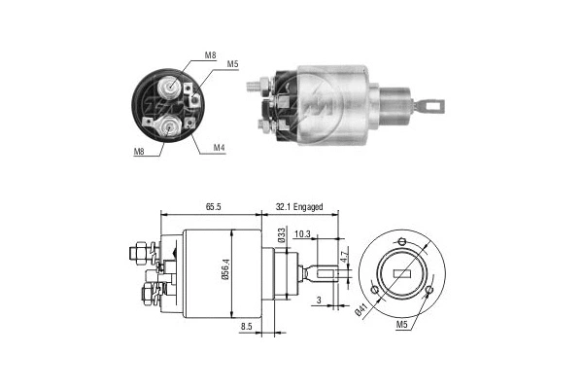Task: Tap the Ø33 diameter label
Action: [x=279, y=235]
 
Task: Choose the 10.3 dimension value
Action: [x=302, y=233]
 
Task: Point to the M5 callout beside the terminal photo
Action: [x=233, y=65]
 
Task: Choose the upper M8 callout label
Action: [x=211, y=56]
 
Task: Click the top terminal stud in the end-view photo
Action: [x=171, y=88]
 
